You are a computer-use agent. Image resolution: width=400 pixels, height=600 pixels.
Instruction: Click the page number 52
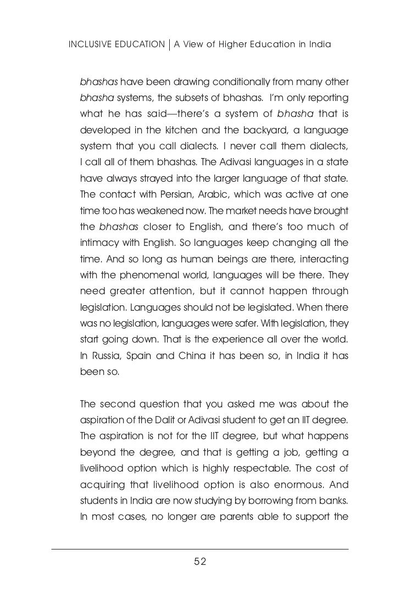click(x=200, y=561)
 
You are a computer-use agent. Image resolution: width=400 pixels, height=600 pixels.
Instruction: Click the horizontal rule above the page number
click(x=200, y=549)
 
